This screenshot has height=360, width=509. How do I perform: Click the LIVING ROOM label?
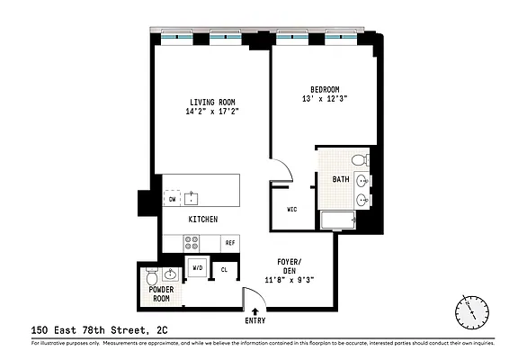point(212,102)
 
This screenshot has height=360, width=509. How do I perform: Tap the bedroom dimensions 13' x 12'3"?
point(325,98)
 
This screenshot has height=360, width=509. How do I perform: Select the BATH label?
point(341,179)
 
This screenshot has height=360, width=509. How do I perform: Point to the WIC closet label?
point(292,209)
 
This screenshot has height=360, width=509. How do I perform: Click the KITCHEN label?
point(202,219)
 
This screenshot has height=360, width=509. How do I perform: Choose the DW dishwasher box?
point(173,199)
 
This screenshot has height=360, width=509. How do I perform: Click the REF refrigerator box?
point(230,243)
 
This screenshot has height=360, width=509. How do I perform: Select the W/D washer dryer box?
point(198,269)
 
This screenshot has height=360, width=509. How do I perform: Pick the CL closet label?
point(224,269)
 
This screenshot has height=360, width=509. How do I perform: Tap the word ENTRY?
point(255,321)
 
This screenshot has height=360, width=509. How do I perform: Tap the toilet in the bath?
point(359,160)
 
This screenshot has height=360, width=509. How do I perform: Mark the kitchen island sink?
point(190,197)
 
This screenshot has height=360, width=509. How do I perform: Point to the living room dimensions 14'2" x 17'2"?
point(212,112)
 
